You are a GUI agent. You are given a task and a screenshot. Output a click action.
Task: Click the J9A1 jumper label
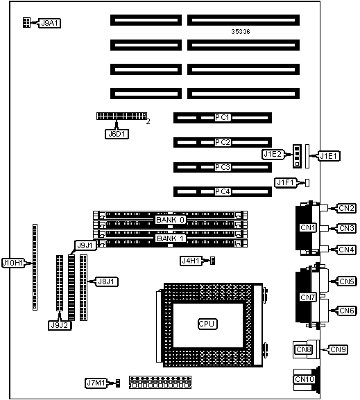49,23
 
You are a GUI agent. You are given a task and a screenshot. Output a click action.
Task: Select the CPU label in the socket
207,324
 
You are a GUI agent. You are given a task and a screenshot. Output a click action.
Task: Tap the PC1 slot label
223,117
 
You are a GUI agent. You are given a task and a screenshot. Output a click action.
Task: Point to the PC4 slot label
223,191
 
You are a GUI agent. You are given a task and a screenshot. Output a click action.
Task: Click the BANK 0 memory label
170,220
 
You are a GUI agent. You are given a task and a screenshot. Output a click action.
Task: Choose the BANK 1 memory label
170,238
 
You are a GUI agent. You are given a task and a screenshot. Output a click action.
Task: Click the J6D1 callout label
117,134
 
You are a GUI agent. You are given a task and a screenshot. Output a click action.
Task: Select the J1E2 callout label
273,155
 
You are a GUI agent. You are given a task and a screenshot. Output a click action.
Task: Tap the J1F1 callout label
286,182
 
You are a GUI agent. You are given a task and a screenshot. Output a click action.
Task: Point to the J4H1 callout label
191,261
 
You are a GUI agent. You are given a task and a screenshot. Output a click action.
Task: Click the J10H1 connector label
12,263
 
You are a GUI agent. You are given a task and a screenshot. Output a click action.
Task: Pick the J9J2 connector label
60,325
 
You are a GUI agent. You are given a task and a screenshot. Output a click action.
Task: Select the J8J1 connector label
107,281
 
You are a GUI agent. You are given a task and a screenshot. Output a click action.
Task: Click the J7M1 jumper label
96,383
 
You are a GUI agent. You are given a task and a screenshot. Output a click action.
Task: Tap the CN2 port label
346,208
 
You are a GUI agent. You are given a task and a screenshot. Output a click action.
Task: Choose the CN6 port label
347,311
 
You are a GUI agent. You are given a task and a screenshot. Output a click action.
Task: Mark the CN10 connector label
304,379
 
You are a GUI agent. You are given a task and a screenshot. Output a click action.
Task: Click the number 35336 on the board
241,32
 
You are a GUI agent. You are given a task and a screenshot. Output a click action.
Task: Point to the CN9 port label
338,349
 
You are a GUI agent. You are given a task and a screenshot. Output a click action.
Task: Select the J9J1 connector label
85,245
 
